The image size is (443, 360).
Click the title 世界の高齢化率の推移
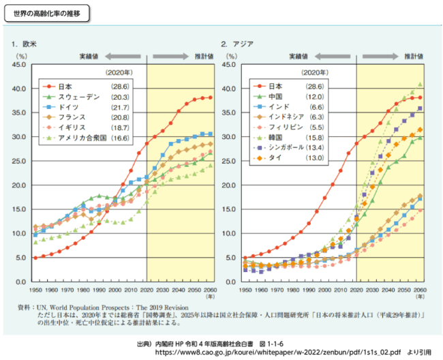(x=46, y=13)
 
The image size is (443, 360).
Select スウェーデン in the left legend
(x=79, y=97)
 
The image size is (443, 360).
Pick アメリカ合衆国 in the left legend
(x=85, y=138)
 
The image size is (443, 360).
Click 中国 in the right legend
(x=277, y=97)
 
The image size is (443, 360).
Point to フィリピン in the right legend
(x=287, y=127)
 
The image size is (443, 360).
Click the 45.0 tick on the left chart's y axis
(x=20, y=65)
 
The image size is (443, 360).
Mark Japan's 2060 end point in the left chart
(x=210, y=97)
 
